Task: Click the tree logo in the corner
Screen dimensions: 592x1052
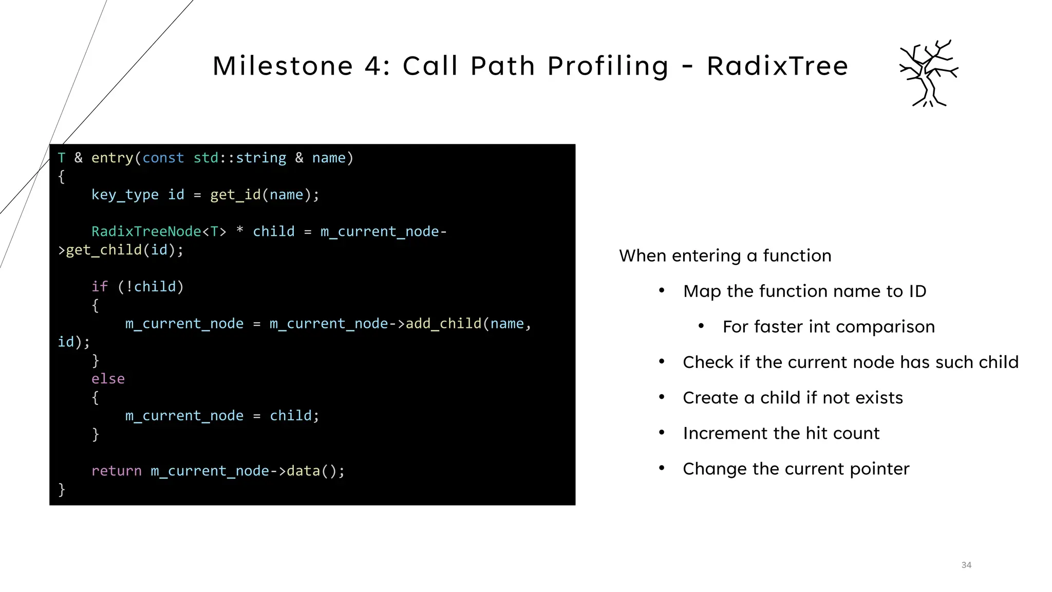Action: tap(929, 73)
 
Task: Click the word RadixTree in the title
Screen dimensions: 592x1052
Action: tap(777, 66)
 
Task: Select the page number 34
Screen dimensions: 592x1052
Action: tap(966, 565)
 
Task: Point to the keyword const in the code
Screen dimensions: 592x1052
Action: tap(163, 158)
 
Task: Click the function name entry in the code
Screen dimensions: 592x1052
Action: tap(112, 158)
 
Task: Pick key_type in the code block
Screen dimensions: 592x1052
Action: tap(125, 195)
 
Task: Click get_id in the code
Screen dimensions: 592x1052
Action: tap(235, 195)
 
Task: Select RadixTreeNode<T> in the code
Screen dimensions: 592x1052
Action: tap(159, 232)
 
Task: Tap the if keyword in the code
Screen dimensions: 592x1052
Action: tap(100, 287)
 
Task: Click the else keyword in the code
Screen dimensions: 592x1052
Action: tap(108, 379)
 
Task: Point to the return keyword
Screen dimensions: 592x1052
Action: tap(116, 471)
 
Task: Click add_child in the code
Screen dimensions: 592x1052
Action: tap(443, 324)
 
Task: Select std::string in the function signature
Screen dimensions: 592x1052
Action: tap(239, 158)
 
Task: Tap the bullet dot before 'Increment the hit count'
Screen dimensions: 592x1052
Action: tap(662, 433)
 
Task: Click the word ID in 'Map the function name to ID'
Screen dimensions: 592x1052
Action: tap(917, 291)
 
